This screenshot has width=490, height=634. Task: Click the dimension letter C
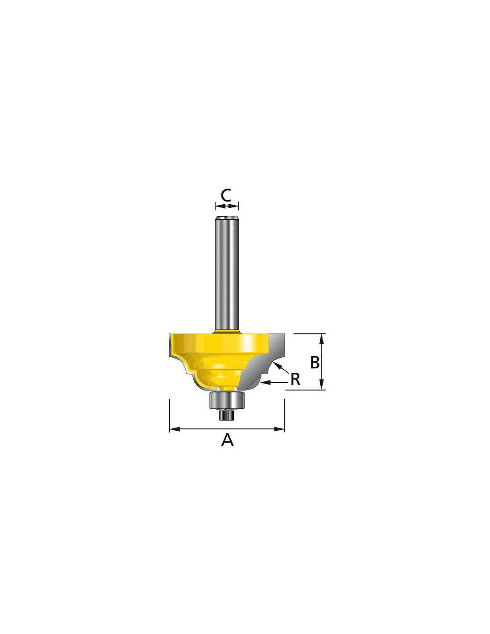[x=225, y=195]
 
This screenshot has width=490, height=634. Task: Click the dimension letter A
[x=227, y=448]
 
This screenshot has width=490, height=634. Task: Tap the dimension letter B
[x=314, y=362]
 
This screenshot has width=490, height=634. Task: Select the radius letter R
[x=295, y=379]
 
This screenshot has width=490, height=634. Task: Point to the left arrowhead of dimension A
[x=174, y=429]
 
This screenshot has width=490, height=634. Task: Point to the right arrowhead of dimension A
[x=280, y=429]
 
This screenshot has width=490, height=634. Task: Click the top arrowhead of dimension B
[x=322, y=338]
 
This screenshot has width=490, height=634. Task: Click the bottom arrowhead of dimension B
[x=322, y=385]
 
